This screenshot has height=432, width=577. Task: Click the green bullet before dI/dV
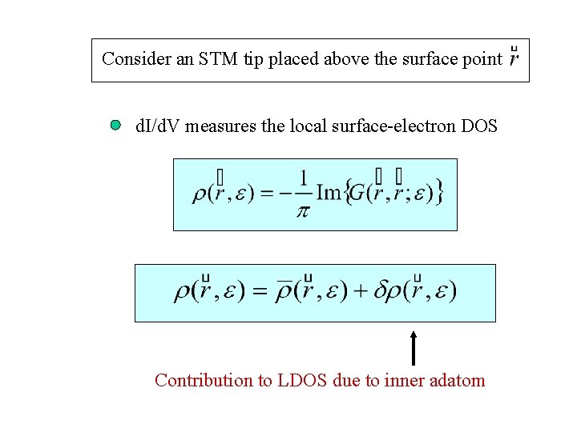pyautogui.click(x=116, y=126)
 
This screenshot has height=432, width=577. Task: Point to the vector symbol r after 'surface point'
pyautogui.click(x=514, y=58)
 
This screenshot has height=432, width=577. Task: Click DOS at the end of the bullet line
pyautogui.click(x=478, y=126)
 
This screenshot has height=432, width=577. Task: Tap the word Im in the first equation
pyautogui.click(x=329, y=193)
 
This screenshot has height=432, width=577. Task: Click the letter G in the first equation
pyautogui.click(x=360, y=193)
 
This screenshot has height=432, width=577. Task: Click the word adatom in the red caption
pyautogui.click(x=456, y=380)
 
